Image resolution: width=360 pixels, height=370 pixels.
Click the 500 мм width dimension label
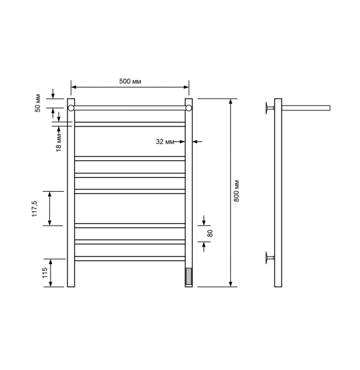130,81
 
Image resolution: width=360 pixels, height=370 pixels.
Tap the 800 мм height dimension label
237,191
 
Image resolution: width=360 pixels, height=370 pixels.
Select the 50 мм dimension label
38,103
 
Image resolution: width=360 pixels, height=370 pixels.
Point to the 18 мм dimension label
59,142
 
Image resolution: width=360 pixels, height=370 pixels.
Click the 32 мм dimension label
165,142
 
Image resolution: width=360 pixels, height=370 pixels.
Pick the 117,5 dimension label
35,209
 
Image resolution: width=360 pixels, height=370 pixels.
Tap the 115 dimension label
45,273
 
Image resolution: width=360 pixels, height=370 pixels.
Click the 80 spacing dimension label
210,233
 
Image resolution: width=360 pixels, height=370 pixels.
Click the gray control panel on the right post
189,276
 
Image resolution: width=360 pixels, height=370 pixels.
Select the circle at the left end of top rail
71,108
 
